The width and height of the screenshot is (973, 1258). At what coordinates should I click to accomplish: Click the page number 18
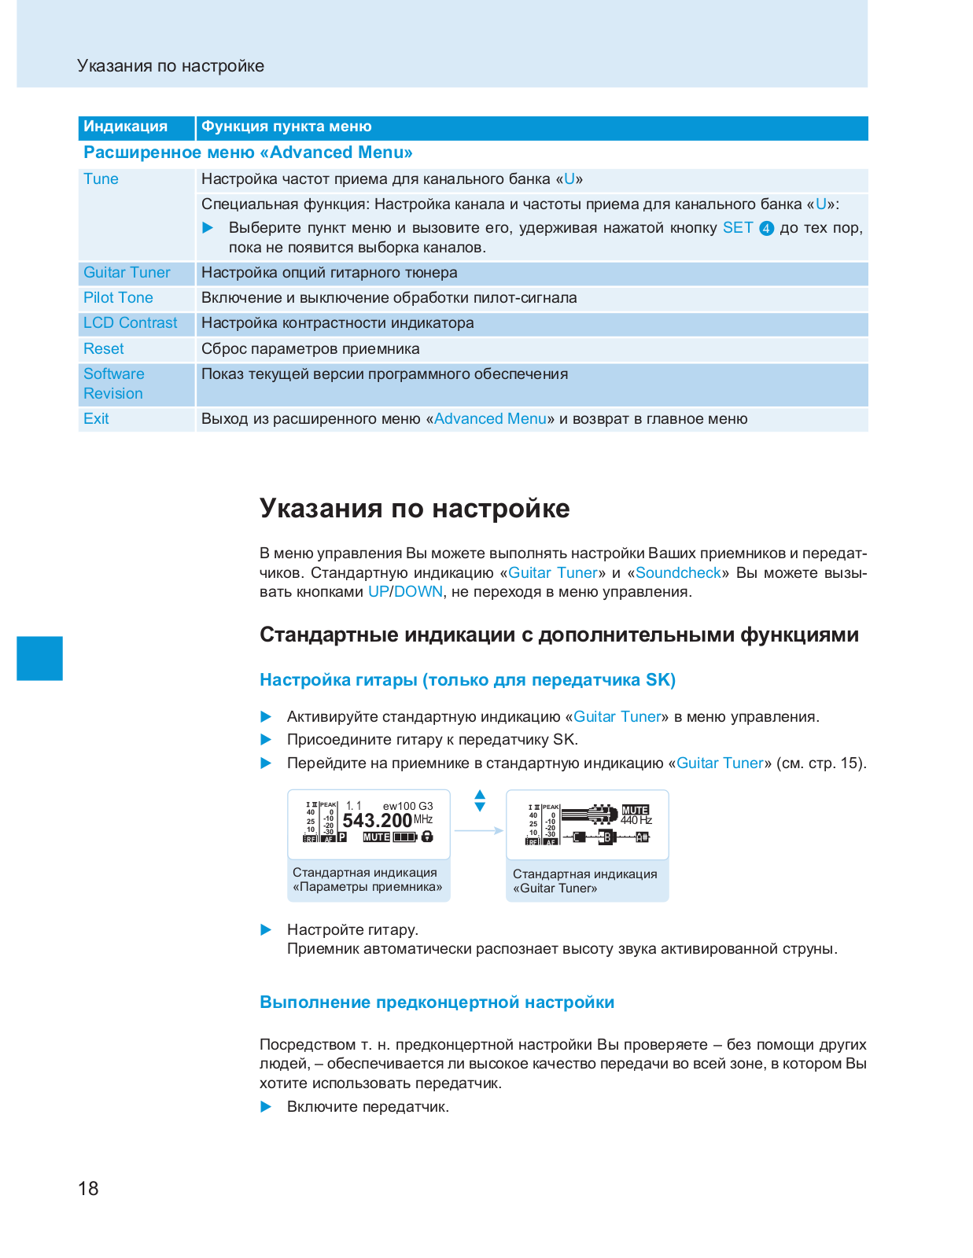tap(88, 1188)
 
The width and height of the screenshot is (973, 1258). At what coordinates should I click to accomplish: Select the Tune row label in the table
tap(101, 179)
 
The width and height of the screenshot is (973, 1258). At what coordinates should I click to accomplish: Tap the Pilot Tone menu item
tap(118, 298)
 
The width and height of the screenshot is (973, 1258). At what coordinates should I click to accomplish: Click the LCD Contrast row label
tap(131, 323)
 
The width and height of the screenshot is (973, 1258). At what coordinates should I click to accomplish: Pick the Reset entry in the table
tap(104, 349)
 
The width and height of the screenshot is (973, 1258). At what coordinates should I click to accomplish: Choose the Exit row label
tap(96, 419)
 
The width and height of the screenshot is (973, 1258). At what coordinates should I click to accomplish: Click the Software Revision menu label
tap(114, 384)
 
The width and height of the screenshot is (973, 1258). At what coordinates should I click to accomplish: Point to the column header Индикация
tap(126, 127)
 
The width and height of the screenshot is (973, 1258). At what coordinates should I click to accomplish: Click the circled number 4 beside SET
tap(766, 229)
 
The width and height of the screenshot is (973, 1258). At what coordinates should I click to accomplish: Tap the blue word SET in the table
tap(738, 228)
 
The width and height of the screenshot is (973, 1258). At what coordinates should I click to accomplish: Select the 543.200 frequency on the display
tap(378, 821)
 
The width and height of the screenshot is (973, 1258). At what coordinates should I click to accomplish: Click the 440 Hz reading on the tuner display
tap(636, 821)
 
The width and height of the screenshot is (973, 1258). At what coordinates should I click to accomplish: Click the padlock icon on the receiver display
tap(427, 837)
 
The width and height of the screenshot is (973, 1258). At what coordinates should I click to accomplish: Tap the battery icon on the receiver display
tap(405, 837)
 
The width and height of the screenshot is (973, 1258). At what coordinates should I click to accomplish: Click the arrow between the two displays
tap(478, 830)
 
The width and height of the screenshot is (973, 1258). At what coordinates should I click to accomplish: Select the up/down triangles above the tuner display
tap(480, 801)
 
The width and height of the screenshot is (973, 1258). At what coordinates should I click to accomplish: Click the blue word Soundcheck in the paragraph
tap(678, 573)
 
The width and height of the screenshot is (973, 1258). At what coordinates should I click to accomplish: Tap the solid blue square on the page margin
tap(39, 658)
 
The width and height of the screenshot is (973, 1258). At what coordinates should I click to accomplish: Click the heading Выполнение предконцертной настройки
tap(437, 1002)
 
